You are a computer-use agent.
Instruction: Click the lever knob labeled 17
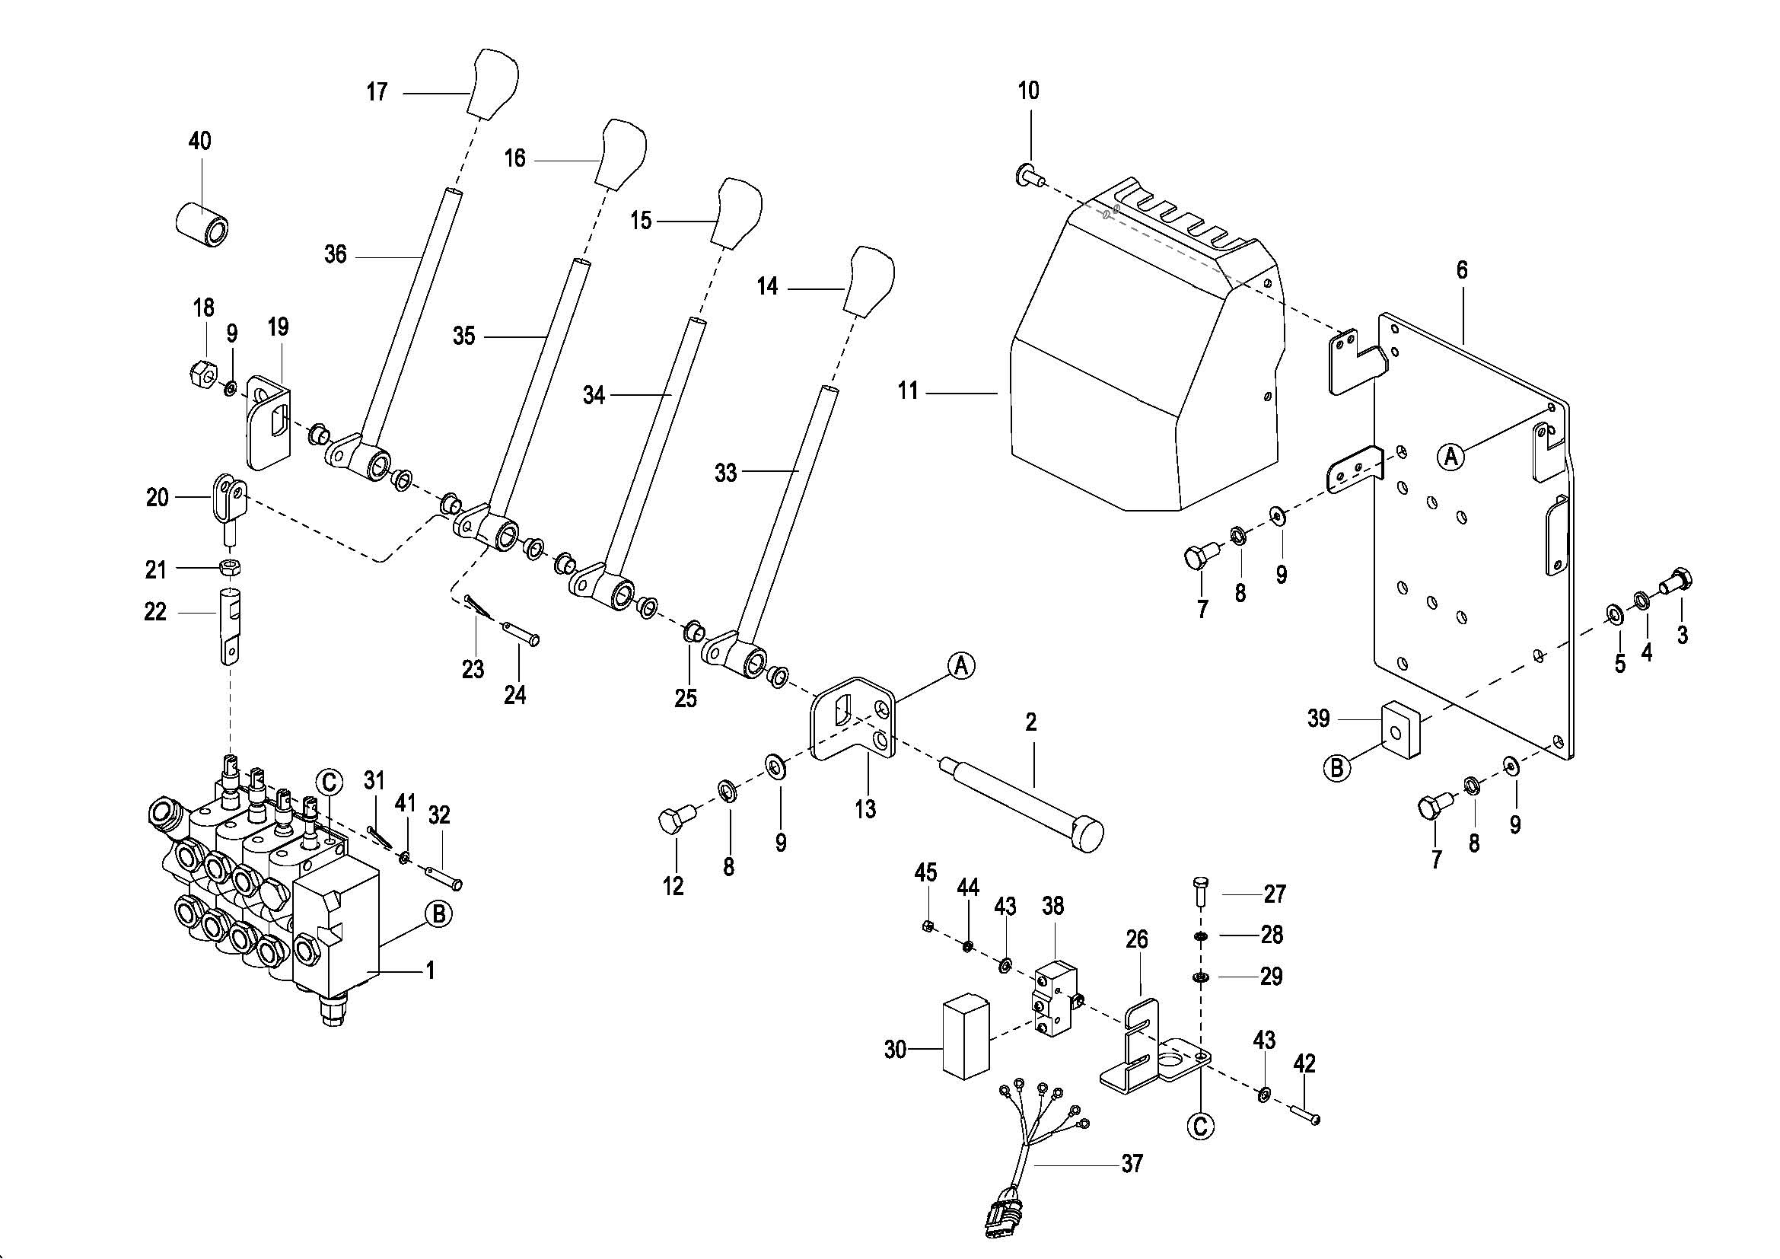pyautogui.click(x=494, y=84)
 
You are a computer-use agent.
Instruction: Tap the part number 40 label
pyautogui.click(x=199, y=141)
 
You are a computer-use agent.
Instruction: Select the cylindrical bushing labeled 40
pyautogui.click(x=202, y=224)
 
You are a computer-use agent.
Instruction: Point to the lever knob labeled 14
pyautogui.click(x=871, y=282)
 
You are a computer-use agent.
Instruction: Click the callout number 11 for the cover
pyautogui.click(x=908, y=391)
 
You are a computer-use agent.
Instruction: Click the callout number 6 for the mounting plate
pyautogui.click(x=1462, y=270)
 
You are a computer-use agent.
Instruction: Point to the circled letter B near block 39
pyautogui.click(x=1336, y=768)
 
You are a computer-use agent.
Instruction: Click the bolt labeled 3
pyautogui.click(x=1677, y=582)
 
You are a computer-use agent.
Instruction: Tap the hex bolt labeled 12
pyautogui.click(x=673, y=820)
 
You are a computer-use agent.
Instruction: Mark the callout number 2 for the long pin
pyautogui.click(x=1030, y=722)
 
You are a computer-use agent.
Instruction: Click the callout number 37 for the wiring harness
pyautogui.click(x=1132, y=1164)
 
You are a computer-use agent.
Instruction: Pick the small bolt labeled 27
pyautogui.click(x=1200, y=892)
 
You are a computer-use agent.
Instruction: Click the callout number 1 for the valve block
pyautogui.click(x=430, y=970)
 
